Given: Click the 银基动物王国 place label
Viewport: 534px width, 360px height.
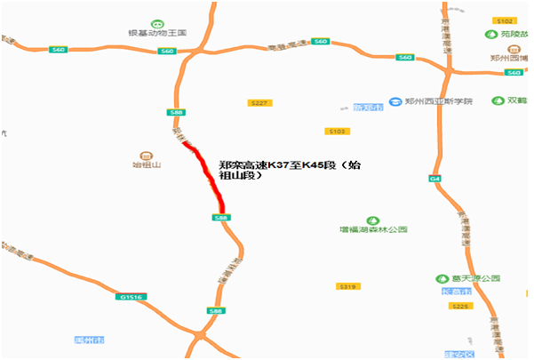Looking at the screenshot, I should click(x=157, y=33).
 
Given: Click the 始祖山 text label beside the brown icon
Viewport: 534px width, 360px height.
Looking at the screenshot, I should click(x=146, y=164).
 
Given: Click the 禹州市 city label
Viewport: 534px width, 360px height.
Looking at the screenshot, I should click(x=90, y=340).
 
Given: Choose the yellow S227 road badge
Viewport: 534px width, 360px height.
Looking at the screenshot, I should click(x=259, y=104).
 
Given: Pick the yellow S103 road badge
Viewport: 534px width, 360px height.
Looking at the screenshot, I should click(x=337, y=131).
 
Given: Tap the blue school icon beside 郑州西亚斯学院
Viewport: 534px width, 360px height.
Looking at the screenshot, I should click(x=395, y=101).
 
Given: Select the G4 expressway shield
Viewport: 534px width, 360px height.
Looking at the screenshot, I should click(x=435, y=179).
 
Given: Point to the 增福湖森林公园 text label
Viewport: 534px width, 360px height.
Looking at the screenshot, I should click(x=373, y=230).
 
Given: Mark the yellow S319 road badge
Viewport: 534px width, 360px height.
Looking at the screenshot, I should click(x=347, y=286).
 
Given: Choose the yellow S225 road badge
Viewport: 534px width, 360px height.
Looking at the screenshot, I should click(x=459, y=307).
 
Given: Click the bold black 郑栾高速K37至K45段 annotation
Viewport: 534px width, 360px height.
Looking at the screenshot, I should click(x=290, y=164).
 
